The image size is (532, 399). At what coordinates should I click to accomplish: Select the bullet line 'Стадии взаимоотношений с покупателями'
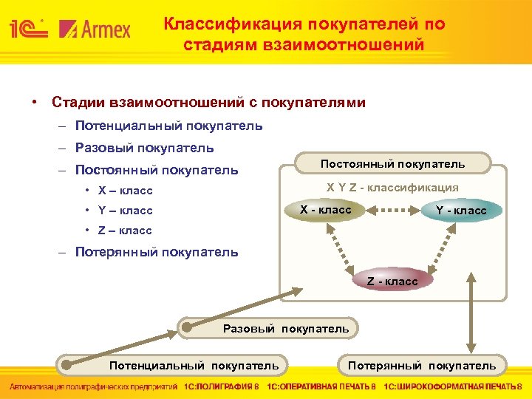208,102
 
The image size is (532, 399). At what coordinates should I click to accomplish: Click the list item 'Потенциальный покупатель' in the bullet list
168,126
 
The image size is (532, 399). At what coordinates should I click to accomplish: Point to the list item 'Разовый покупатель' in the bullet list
145,148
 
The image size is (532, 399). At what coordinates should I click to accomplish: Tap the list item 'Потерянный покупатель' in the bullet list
157,252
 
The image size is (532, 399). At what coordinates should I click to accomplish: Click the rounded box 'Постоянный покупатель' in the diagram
392,163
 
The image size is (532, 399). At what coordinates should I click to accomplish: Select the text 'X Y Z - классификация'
392,188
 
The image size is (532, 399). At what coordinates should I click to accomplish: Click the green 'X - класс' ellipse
325,210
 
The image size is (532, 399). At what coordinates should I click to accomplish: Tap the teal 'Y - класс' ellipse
460,211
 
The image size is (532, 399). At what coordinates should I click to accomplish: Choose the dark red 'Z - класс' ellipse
392,280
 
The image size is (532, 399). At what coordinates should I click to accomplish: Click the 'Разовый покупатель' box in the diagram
285,328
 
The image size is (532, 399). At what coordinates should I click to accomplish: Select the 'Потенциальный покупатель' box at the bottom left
194,365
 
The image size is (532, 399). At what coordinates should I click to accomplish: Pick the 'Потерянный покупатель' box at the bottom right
422,365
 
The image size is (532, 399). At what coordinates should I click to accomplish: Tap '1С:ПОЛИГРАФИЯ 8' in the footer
222,386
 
